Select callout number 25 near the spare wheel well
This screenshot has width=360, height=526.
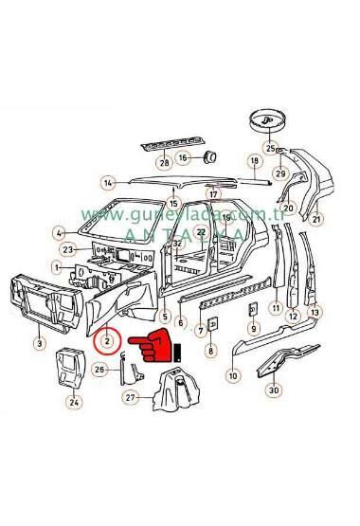coord(270,149)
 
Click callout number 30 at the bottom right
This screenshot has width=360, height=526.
coord(274,390)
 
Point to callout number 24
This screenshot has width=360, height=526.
coord(75,401)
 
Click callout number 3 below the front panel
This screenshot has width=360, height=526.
coord(38,343)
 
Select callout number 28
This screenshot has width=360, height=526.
coord(165,163)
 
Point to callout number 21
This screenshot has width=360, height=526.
coord(317,220)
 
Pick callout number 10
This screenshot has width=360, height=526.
coord(233,376)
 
